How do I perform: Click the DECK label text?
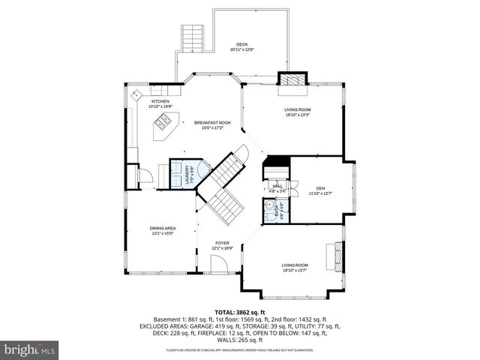tap(241, 45)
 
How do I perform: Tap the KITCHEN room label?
tap(160, 101)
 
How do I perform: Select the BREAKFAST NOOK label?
tap(212, 122)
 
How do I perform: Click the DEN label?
tap(320, 188)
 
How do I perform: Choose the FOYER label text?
tap(222, 243)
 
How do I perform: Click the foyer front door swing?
tap(220, 265)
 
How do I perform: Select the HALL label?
tap(277, 186)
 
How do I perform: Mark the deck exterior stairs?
tap(193, 37)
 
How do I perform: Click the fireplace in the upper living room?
tap(292, 79)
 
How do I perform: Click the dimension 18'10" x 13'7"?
tap(295, 271)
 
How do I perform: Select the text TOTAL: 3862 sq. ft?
tap(239, 311)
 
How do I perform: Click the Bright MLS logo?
tap(30, 349)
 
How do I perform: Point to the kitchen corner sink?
tap(136, 94)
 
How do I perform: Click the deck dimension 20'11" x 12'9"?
tap(241, 50)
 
